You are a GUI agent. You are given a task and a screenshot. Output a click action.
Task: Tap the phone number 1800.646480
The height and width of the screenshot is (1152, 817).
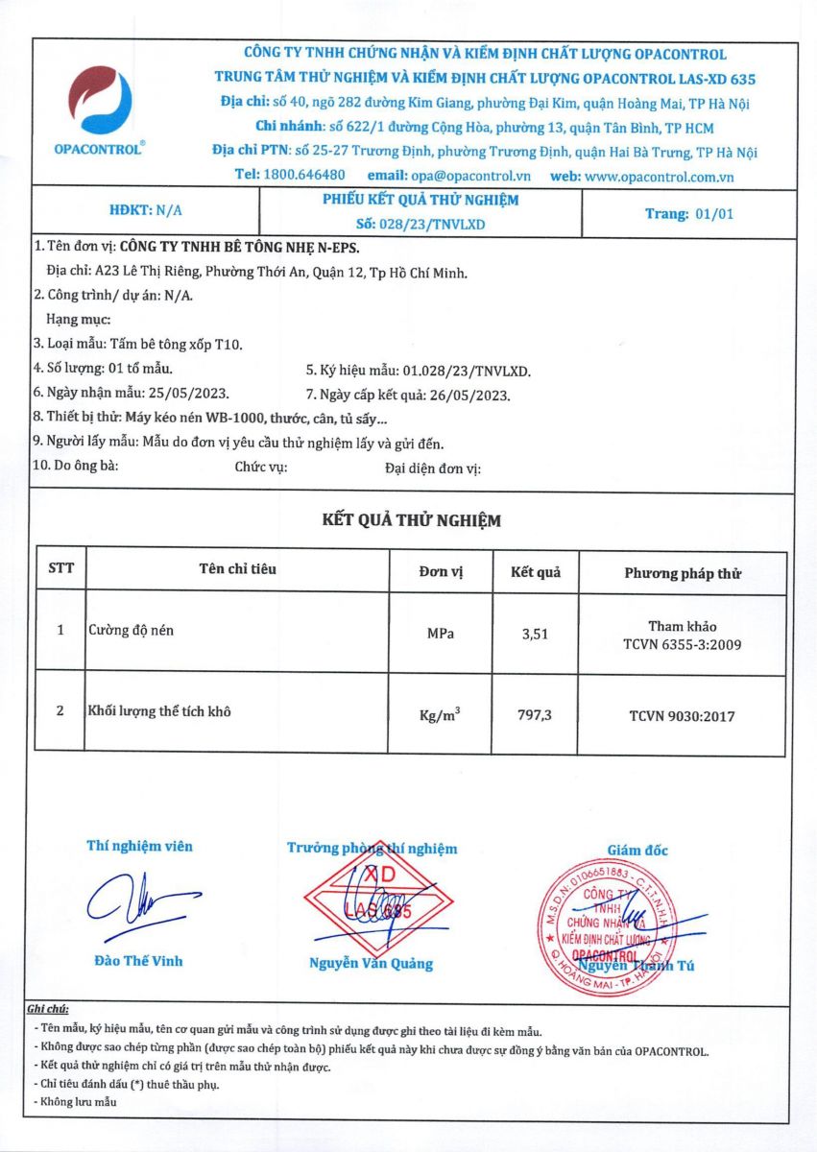303,176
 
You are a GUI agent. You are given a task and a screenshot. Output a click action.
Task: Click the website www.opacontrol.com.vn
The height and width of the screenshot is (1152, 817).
659,176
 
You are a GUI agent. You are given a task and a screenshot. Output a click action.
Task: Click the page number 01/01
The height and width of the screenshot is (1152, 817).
713,214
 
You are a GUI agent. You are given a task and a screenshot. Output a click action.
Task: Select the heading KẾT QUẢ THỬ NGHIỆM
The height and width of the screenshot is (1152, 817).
411,520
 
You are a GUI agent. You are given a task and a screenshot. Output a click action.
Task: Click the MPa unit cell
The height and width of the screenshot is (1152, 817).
441,634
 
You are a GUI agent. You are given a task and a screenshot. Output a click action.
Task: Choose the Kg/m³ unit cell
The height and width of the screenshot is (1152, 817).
441,715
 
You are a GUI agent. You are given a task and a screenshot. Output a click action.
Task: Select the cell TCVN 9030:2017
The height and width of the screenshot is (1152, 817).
683,715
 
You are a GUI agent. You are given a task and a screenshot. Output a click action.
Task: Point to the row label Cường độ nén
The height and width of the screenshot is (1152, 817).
132,631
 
